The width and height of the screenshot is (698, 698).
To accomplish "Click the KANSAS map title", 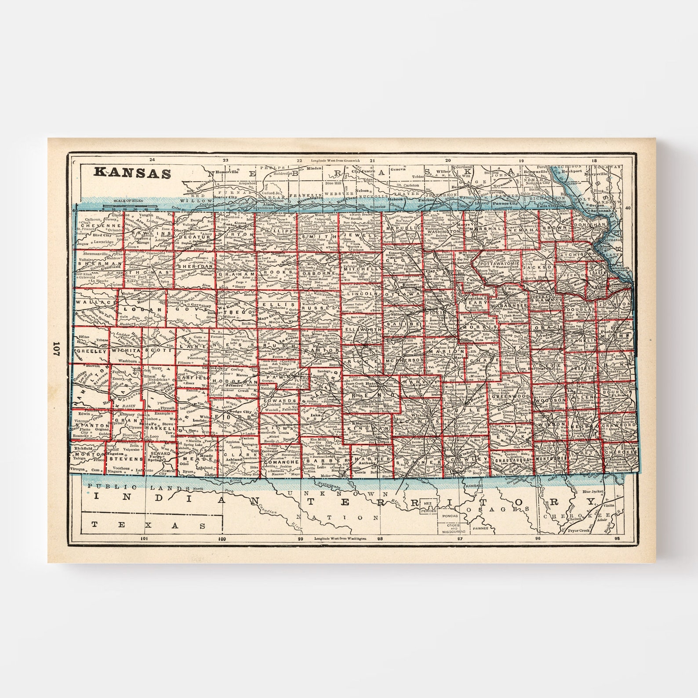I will pyautogui.click(x=132, y=172).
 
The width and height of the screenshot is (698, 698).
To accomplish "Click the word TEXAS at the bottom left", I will pyautogui.click(x=148, y=525).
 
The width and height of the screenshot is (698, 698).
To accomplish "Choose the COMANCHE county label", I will pyautogui.click(x=282, y=462).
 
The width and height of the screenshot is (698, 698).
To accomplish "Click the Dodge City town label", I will pyautogui.click(x=240, y=412).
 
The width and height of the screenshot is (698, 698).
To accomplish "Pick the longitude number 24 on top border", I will pyautogui.click(x=152, y=160).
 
